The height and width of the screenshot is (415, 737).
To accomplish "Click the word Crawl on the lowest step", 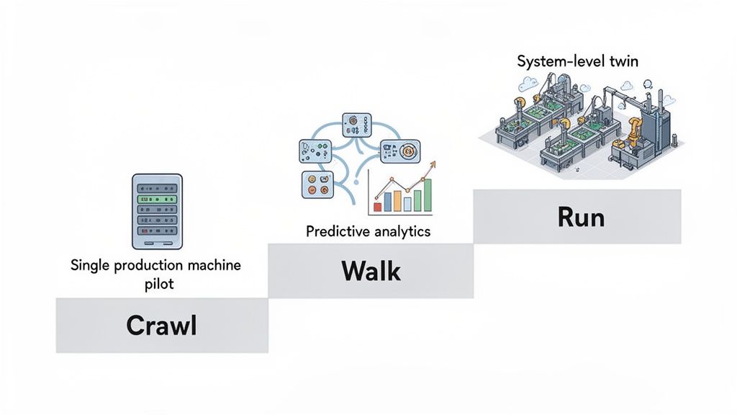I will click(x=161, y=325).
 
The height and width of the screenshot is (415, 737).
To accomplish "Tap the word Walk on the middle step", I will click(x=371, y=271).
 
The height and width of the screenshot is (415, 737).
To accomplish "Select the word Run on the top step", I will click(x=581, y=216).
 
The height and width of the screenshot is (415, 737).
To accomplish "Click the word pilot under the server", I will click(x=157, y=283).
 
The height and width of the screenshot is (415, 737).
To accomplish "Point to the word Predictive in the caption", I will click(x=337, y=231).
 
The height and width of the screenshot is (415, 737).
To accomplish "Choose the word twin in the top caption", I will click(x=623, y=61).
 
